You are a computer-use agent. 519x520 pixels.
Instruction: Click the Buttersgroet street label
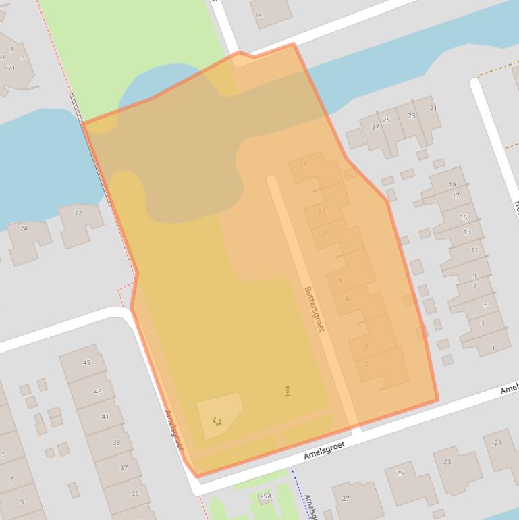pyautogui.click(x=314, y=309)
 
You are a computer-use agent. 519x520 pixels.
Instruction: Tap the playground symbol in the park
pyautogui.click(x=217, y=421)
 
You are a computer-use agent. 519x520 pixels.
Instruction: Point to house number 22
pyautogui.click(x=78, y=213)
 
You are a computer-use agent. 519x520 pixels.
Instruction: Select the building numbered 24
pyautogui.click(x=24, y=228)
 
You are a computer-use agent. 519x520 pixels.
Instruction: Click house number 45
pyautogui.click(x=86, y=363)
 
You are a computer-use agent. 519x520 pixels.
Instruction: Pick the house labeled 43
pyautogui.click(x=98, y=392)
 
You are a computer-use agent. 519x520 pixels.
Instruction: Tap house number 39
pyautogui.click(x=116, y=443)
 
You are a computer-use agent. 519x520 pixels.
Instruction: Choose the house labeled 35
pyautogui.click(x=134, y=494)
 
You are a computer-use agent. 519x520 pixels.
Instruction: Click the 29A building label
pyautogui.click(x=266, y=496)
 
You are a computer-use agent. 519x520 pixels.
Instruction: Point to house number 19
pyautogui.click(x=452, y=184)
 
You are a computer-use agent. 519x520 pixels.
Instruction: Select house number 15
pyautogui.click(x=463, y=217)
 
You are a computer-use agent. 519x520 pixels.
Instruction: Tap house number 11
pyautogui.click(x=474, y=250)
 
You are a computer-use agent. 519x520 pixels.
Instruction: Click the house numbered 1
pyautogui.click(x=493, y=348)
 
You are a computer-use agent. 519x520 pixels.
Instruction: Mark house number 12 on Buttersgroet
pyautogui.click(x=321, y=211)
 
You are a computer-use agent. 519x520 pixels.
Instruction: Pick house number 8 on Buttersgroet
pyautogui.click(x=340, y=280)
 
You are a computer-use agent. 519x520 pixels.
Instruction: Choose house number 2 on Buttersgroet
pyautogui.click(x=366, y=364)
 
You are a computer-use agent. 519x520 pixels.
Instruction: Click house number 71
pyautogui.click(x=11, y=68)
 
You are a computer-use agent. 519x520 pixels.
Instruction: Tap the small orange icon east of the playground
pyautogui.click(x=288, y=390)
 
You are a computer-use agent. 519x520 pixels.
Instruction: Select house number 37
pyautogui.click(x=124, y=468)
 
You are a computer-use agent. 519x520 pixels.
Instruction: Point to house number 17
pyautogui.click(x=456, y=196)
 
